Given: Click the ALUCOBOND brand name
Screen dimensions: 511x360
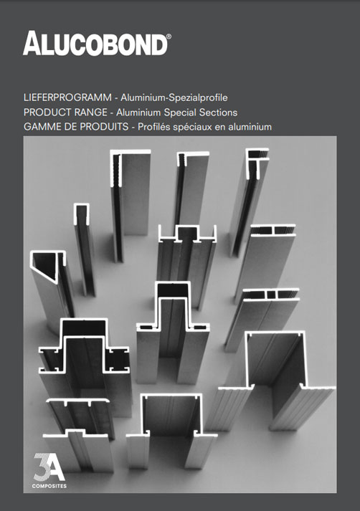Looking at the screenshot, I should pyautogui.click(x=95, y=44).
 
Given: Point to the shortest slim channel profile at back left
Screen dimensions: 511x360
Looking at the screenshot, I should pyautogui.click(x=84, y=244).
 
